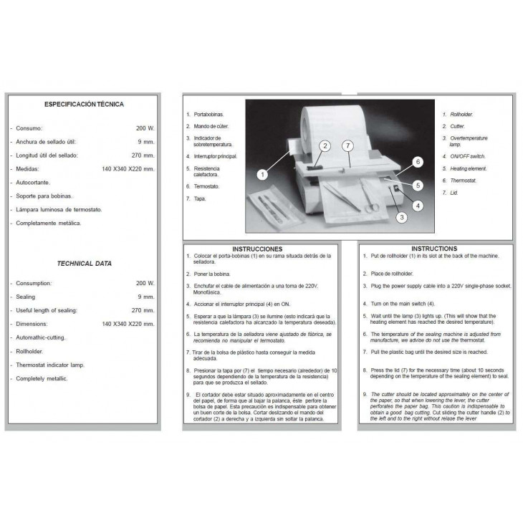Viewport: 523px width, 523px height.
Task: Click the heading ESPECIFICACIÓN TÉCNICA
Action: (84, 105)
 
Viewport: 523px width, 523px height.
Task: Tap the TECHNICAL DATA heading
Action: (85, 264)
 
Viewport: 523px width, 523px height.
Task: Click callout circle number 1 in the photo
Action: (262, 173)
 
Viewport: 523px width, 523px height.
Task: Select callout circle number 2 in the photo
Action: (325, 146)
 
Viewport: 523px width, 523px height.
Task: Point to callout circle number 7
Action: (348, 146)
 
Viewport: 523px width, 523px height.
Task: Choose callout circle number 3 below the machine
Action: (402, 217)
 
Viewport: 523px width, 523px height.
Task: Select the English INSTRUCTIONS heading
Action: (435, 249)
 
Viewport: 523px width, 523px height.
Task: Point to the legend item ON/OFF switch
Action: (467, 156)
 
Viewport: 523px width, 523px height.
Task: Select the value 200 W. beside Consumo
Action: (145, 128)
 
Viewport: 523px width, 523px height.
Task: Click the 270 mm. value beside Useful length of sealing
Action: (144, 310)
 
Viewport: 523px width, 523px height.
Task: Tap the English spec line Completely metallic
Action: (42, 378)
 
